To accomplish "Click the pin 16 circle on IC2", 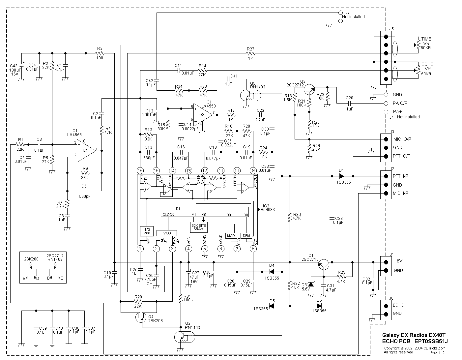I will coord(140,170).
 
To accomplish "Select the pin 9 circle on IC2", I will coord(253,170).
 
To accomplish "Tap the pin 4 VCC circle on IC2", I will coord(188,249).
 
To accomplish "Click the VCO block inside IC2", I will coord(167,233).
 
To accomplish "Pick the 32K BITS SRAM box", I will coord(199,227).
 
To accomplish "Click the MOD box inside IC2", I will coord(231,235).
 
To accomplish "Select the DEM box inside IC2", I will coord(246,235).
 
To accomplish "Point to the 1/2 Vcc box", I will coord(147,231).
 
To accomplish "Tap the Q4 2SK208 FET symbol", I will coord(141,317).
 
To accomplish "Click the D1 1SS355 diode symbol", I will coord(341,176).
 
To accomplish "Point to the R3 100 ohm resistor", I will coord(100,53).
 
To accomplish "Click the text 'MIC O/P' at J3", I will coord(402,139).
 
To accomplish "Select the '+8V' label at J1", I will coord(398,260).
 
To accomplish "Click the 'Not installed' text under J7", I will coord(353,17).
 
